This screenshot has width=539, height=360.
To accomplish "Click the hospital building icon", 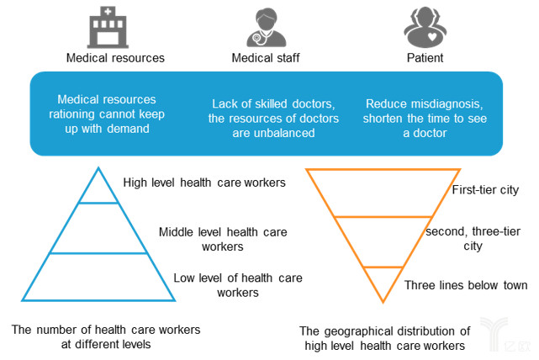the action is [x=108, y=28].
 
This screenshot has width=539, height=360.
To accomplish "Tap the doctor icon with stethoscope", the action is [x=267, y=28].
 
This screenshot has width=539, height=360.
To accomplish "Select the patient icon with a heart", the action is [x=425, y=28].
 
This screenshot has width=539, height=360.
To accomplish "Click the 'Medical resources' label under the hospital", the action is [x=115, y=58].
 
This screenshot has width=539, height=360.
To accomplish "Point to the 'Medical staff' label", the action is [x=266, y=58].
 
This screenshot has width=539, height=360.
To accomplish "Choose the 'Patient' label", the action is [x=425, y=58].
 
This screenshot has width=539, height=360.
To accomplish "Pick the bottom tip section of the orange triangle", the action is [x=383, y=282].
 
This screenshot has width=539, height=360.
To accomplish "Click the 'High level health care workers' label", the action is [x=204, y=183].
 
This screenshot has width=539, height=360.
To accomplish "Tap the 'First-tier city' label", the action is [x=485, y=190].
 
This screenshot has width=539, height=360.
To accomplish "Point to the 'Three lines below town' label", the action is [x=466, y=285].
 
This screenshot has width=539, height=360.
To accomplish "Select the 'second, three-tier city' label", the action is [x=473, y=239].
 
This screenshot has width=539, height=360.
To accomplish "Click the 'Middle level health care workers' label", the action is [x=223, y=240].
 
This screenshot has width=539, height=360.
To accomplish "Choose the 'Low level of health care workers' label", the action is [x=238, y=285].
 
